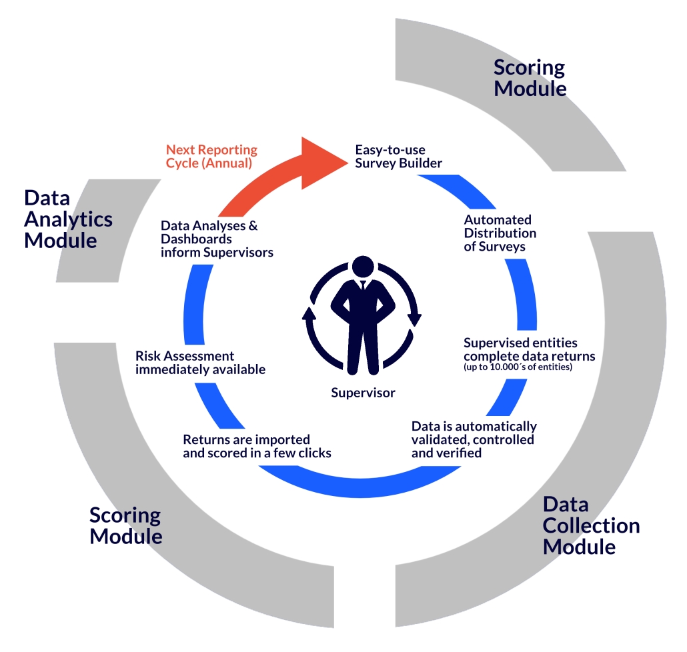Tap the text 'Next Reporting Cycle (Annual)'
[x=211, y=157]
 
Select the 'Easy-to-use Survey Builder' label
[x=398, y=156]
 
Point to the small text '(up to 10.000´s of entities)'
[x=518, y=367]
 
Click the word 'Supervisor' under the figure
[x=363, y=393]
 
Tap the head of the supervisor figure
[x=363, y=269]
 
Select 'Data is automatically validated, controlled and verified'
[x=474, y=439]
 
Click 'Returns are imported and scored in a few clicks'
[x=257, y=446]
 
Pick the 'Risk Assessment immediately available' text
[x=200, y=363]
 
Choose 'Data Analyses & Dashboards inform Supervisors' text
[x=217, y=239]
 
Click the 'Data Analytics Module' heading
[x=68, y=219]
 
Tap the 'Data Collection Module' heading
[x=591, y=525]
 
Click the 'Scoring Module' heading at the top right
[x=530, y=77]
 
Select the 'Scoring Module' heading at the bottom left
[x=125, y=525]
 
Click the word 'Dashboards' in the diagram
[x=197, y=239]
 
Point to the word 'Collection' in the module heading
[x=591, y=525]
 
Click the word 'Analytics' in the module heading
[x=68, y=219]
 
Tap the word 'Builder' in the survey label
[x=417, y=163]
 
